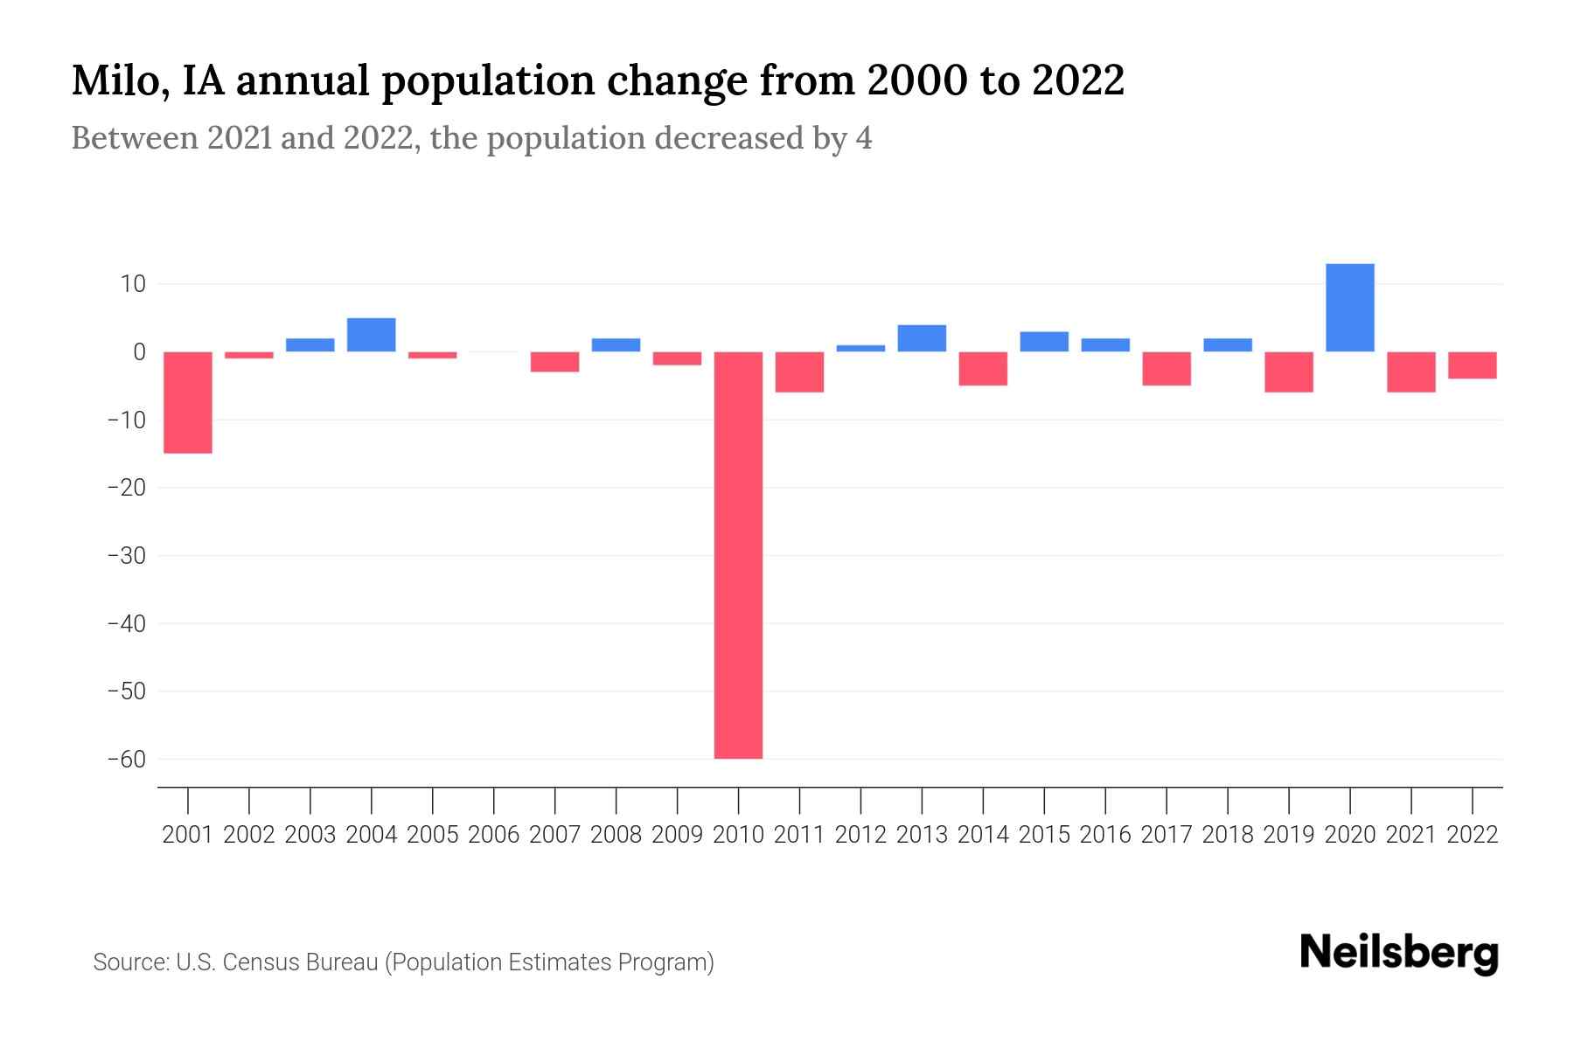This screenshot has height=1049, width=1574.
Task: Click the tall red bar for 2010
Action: click(738, 555)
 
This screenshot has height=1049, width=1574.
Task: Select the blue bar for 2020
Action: click(1349, 308)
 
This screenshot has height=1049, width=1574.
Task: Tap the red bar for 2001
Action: click(188, 402)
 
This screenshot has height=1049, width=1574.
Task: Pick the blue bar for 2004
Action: click(372, 335)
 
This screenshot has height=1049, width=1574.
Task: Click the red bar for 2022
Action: click(1472, 365)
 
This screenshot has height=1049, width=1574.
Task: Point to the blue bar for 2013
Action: click(922, 338)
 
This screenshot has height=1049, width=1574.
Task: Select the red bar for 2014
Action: click(983, 368)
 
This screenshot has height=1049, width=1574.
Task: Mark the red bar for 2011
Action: click(799, 372)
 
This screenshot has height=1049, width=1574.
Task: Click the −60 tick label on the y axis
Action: click(126, 759)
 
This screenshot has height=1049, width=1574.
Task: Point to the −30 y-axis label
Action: click(126, 556)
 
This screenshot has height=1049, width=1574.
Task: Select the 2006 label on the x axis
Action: click(494, 835)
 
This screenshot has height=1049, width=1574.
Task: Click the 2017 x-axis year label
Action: click(1166, 835)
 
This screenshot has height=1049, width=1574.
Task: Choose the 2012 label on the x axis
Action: click(860, 835)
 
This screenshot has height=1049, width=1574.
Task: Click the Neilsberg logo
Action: click(1398, 953)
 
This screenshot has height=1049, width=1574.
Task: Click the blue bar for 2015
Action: click(1044, 342)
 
